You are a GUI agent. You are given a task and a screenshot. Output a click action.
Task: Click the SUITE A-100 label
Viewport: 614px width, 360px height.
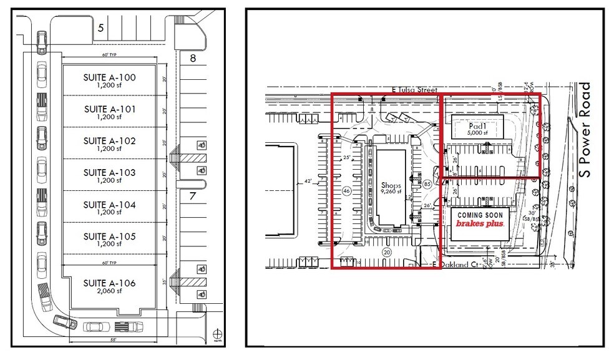109,77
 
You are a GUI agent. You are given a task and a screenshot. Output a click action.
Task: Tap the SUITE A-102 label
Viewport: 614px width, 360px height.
109,141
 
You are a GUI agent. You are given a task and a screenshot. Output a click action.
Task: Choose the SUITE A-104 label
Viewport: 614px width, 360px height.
109,205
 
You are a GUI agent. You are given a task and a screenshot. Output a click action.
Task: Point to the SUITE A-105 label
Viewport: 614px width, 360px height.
109,236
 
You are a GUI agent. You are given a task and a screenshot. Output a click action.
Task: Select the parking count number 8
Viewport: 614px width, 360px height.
193,59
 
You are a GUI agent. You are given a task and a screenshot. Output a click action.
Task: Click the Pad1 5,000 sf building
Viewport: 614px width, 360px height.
477,128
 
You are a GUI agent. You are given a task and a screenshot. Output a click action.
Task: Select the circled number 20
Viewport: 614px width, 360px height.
386,253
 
